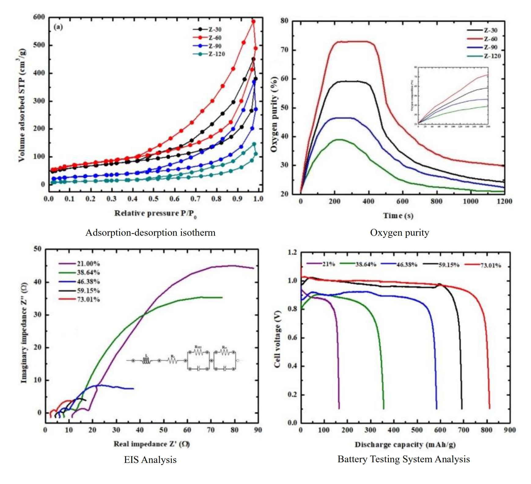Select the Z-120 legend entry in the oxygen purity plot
(x=492, y=56)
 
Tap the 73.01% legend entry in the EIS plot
(x=88, y=299)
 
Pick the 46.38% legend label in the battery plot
(x=407, y=264)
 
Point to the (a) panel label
(x=58, y=27)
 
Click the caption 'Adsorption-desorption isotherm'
(x=150, y=233)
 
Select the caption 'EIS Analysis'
(x=150, y=460)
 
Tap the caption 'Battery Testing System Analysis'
(x=404, y=459)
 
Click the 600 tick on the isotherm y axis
(x=39, y=17)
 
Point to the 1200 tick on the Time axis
(x=504, y=201)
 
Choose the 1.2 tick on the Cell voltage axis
(x=292, y=252)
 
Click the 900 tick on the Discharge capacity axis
(x=510, y=430)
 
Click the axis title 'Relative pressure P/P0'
(x=155, y=213)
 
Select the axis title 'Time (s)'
(x=398, y=216)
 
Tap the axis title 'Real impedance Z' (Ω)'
(x=152, y=444)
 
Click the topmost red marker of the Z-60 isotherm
(x=253, y=21)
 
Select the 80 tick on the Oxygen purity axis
(x=284, y=21)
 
